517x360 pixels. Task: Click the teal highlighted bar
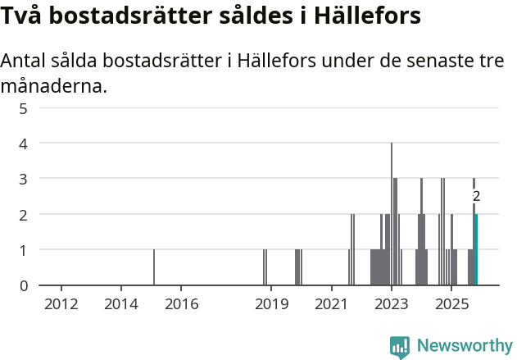tap(476, 250)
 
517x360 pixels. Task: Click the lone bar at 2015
tap(154, 267)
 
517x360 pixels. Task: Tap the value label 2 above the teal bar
tap(476, 197)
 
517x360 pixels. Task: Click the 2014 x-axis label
tap(121, 304)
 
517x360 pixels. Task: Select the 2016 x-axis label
tap(181, 304)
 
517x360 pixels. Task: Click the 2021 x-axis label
tap(331, 304)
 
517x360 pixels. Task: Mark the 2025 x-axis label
tap(451, 304)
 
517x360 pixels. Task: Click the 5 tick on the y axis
tap(24, 107)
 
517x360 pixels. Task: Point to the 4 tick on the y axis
tap(24, 144)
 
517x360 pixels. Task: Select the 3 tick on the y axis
tap(24, 179)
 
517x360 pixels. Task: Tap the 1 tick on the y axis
tap(24, 250)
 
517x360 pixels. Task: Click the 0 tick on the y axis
tap(24, 285)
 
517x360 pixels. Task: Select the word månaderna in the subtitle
tap(54, 85)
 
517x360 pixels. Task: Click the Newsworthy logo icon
tap(400, 346)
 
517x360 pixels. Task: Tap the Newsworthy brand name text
tap(464, 346)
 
